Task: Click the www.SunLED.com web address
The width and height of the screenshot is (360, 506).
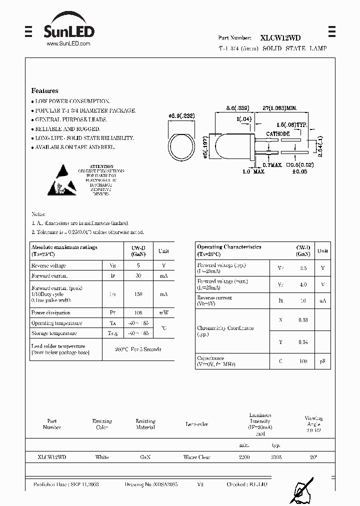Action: pos(68,44)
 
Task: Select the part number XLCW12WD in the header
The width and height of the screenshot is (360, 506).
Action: pos(280,37)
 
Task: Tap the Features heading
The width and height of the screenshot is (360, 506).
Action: pos(44,91)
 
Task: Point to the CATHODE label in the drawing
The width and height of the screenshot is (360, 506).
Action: pos(277,134)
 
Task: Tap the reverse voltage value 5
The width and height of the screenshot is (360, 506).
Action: pos(138,265)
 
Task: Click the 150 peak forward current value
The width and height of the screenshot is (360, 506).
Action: pos(138,294)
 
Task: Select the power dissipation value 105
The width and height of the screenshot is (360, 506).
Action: pos(138,313)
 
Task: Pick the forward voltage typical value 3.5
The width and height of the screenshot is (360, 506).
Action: pos(303,268)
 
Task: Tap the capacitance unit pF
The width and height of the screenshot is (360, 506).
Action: pos(322,360)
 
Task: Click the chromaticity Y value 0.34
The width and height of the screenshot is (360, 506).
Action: pos(303,342)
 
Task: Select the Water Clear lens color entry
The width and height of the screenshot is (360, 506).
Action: pos(197,457)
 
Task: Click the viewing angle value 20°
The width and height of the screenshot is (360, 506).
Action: pos(314,457)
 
